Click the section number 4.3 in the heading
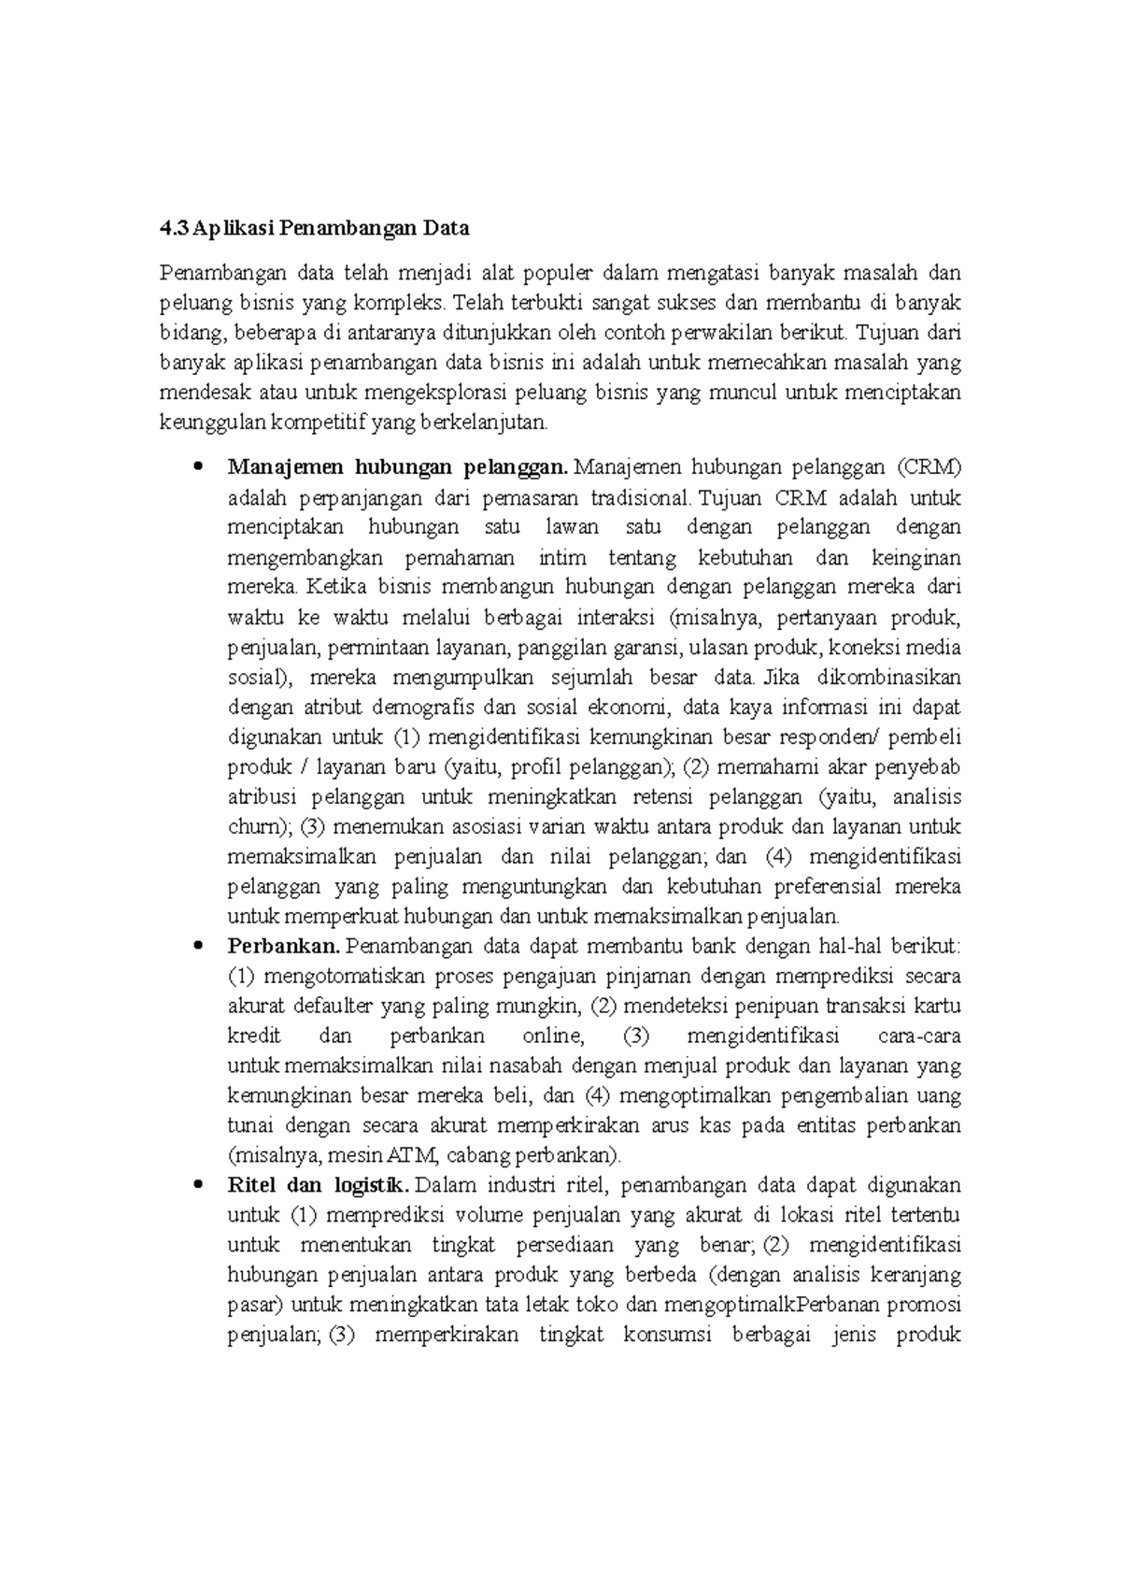[x=174, y=228]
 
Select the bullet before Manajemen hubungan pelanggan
[x=196, y=467]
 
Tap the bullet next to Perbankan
[x=196, y=947]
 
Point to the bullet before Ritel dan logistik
[x=196, y=1186]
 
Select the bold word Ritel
[x=249, y=1186]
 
